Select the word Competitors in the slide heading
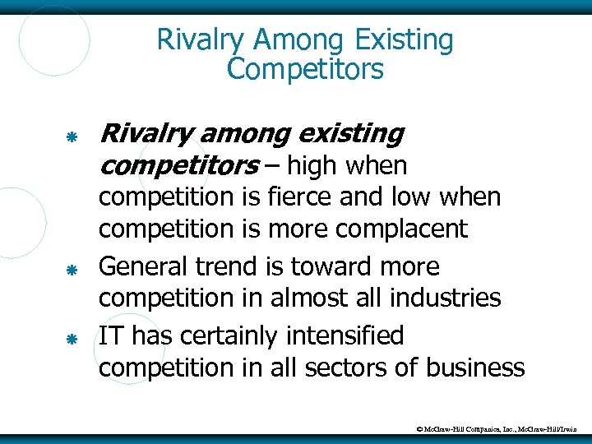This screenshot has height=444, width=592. tap(305, 70)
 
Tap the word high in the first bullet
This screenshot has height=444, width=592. tap(315, 166)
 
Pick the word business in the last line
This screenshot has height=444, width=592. tap(474, 367)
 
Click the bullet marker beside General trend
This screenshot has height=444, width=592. tap(72, 269)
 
